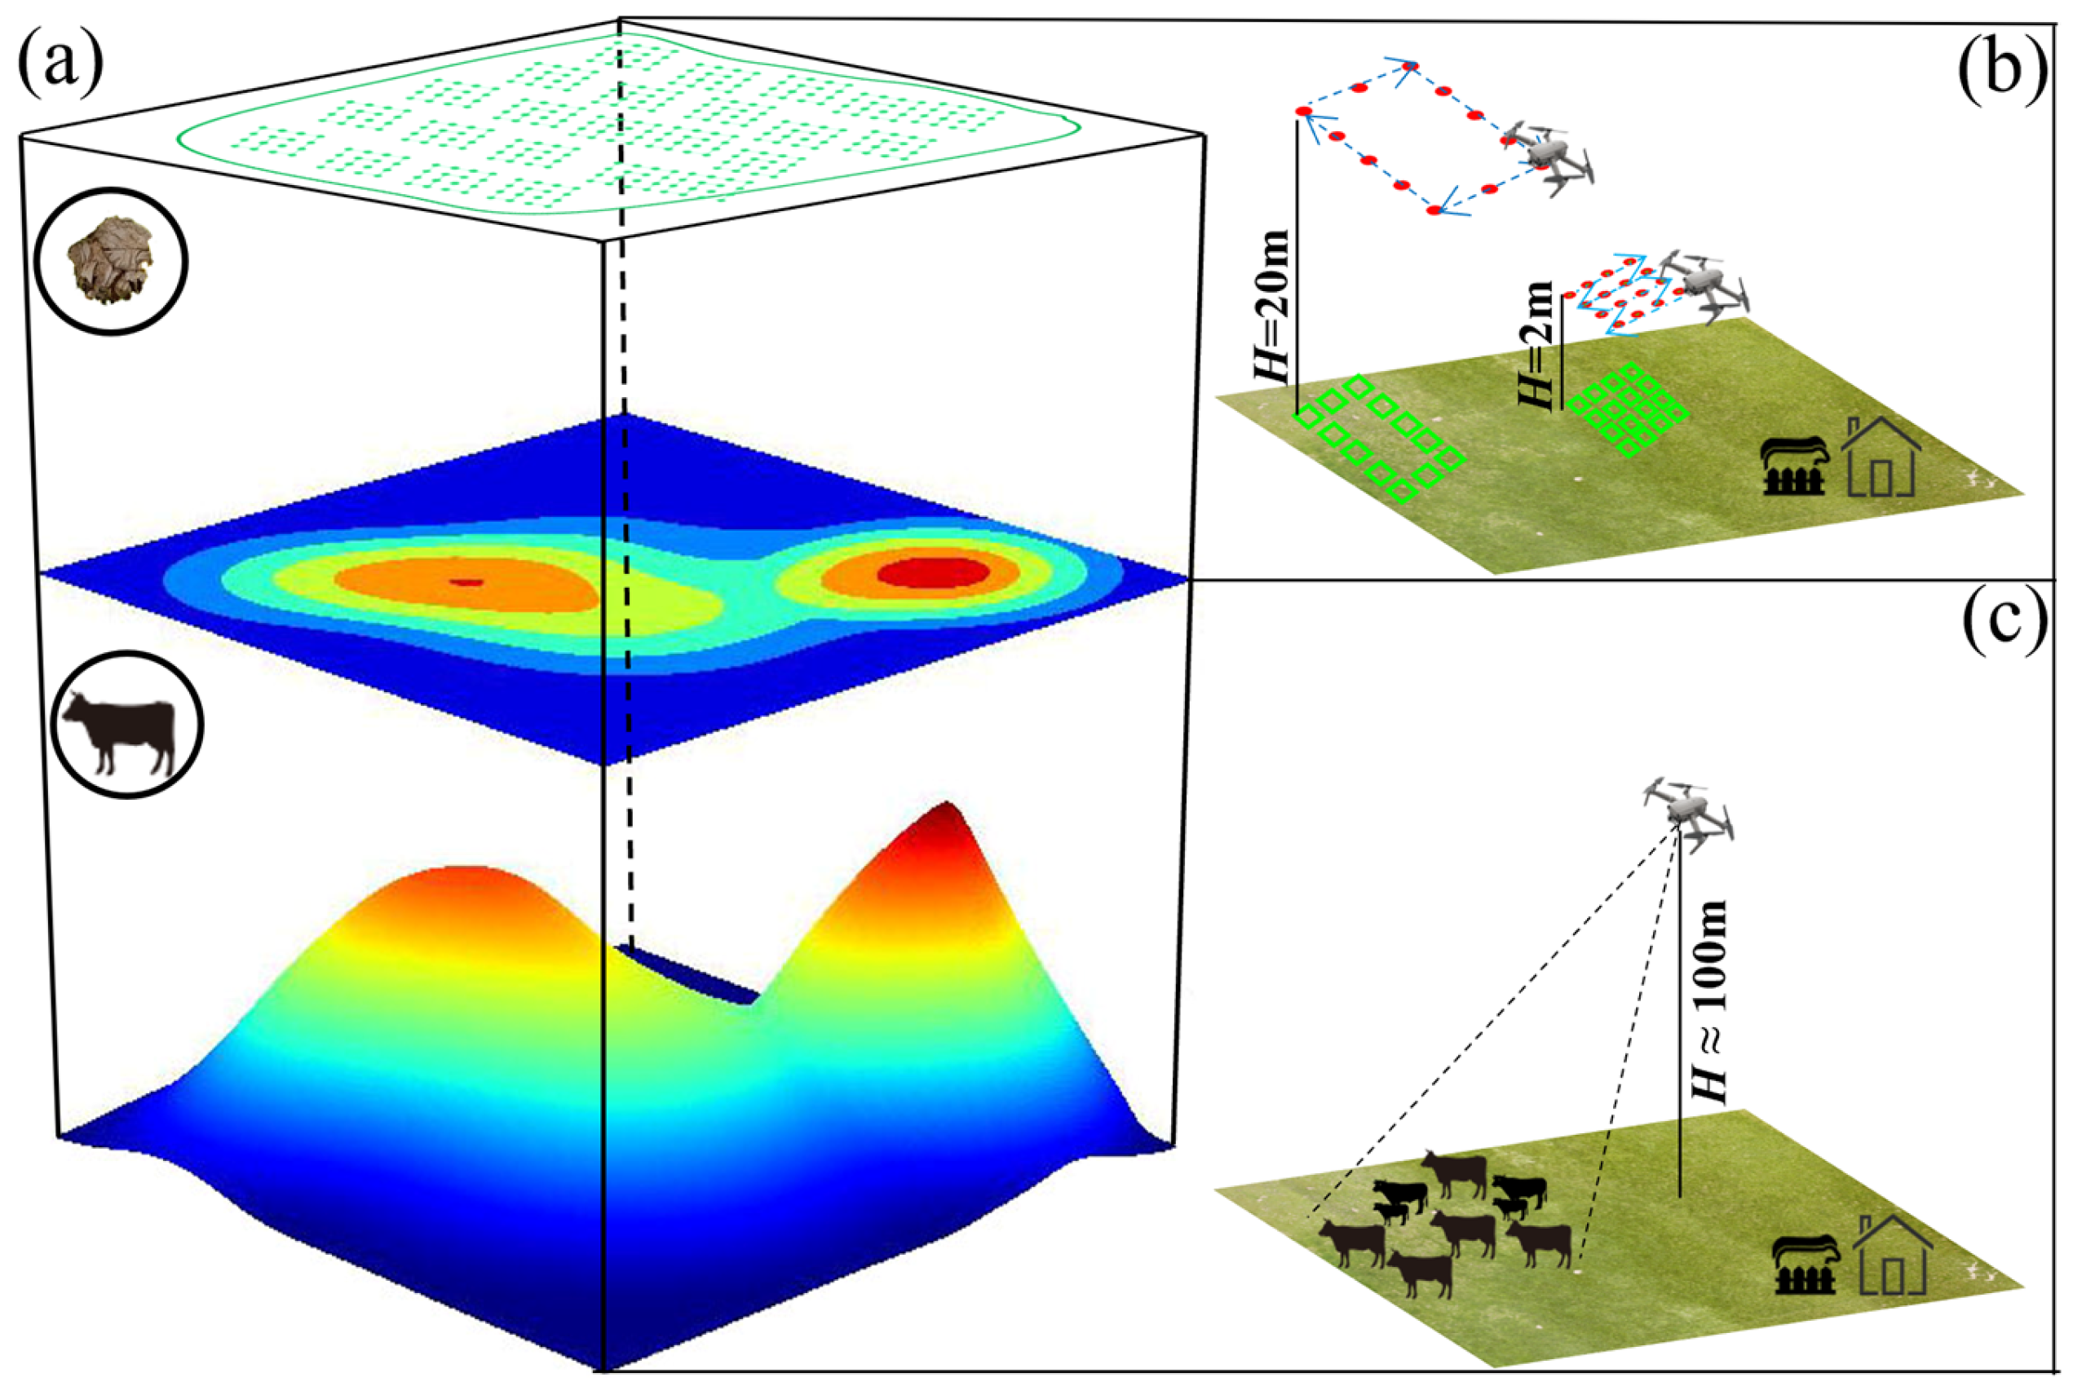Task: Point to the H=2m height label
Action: coord(1539,345)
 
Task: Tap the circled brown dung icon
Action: coord(111,261)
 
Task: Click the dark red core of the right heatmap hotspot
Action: coord(933,572)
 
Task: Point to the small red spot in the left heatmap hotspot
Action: coord(466,581)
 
